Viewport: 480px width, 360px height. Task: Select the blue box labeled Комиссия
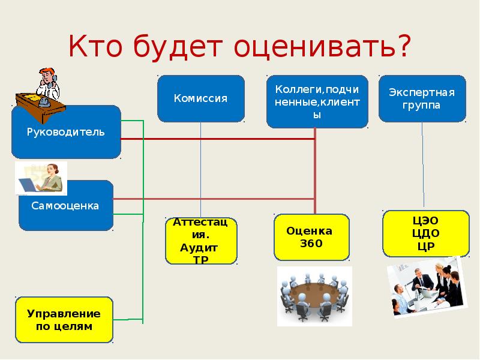point(201,98)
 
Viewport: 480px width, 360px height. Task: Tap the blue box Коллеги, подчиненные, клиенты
point(317,101)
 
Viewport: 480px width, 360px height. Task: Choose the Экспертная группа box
point(422,98)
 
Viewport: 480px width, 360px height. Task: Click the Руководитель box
point(66,132)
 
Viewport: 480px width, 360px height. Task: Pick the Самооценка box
point(66,206)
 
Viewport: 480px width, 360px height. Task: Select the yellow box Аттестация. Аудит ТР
point(201,241)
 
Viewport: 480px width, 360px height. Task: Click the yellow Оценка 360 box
point(311,237)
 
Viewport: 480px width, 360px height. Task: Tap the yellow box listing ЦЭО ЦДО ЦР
point(426,233)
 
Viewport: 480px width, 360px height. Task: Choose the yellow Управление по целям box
point(64,320)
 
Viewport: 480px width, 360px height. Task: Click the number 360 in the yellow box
point(311,244)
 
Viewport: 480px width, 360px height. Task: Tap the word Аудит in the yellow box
point(199,248)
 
